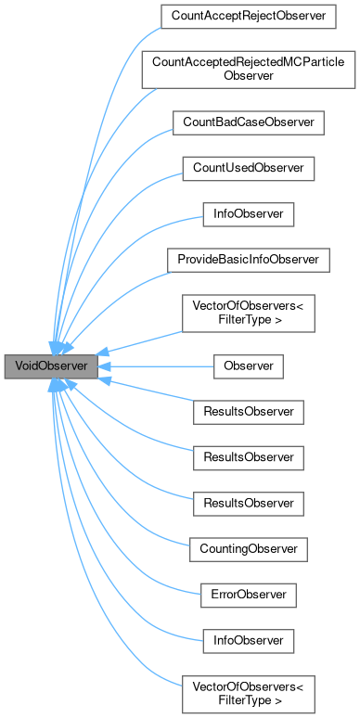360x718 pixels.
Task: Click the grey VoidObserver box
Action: [x=51, y=366]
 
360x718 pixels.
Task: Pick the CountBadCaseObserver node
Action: [x=248, y=122]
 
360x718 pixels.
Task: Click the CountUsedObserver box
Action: [x=248, y=168]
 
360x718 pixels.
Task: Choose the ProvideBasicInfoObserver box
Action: [x=248, y=260]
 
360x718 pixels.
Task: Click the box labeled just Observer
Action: [x=248, y=366]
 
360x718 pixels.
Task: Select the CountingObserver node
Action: [x=248, y=549]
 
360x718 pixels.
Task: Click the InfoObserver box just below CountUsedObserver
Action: [x=248, y=213]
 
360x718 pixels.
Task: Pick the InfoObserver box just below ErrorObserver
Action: [x=248, y=640]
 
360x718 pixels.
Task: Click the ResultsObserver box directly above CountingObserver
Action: [x=248, y=503]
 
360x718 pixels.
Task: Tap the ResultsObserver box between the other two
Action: [x=248, y=457]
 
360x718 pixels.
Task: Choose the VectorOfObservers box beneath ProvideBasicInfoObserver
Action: [x=248, y=314]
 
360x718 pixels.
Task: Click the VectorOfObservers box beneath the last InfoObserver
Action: [x=248, y=692]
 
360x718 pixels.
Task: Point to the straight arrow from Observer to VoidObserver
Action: [x=158, y=366]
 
